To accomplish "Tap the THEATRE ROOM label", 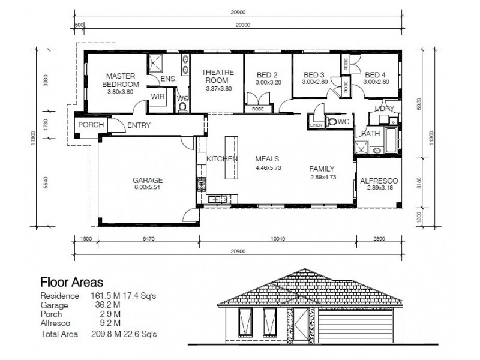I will [217, 76].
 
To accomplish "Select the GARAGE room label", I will [148, 179].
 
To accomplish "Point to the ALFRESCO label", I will [377, 181].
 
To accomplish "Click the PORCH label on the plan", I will [91, 125].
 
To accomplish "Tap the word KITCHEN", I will [223, 159].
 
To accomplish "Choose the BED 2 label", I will [267, 75].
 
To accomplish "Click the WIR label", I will [158, 96].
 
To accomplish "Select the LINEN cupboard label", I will [316, 125].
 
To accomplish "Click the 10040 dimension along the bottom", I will [277, 239].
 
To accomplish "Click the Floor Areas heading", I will [71, 281].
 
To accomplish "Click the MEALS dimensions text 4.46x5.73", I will [268, 168].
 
